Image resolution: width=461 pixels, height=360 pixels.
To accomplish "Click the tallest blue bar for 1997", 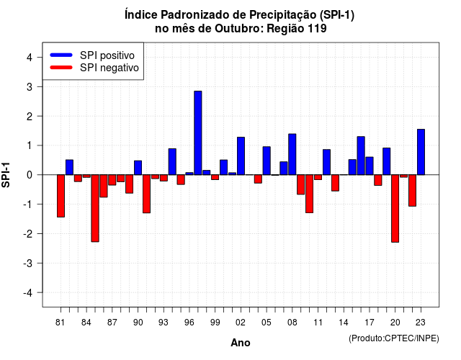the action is pyautogui.click(x=198, y=132).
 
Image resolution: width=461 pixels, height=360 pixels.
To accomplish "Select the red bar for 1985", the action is pyautogui.click(x=95, y=208).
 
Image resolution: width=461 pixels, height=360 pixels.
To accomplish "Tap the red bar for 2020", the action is pyautogui.click(x=395, y=208).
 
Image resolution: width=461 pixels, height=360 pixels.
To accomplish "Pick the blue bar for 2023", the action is pyautogui.click(x=421, y=152).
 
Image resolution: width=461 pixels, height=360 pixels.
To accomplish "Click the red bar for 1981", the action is pyautogui.click(x=61, y=196).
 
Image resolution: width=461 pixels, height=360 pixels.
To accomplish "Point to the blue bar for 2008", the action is pyautogui.click(x=292, y=154).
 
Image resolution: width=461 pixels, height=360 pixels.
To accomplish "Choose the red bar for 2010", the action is pyautogui.click(x=309, y=194).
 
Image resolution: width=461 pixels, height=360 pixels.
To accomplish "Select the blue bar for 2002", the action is pyautogui.click(x=241, y=156).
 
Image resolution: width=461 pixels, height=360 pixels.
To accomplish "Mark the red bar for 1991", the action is pyautogui.click(x=146, y=194).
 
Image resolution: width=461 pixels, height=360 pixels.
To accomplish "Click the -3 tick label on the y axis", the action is pyautogui.click(x=27, y=263).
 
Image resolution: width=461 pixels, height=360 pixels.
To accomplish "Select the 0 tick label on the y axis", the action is pyautogui.click(x=30, y=175).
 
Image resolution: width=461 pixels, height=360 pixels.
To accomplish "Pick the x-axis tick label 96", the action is pyautogui.click(x=189, y=323).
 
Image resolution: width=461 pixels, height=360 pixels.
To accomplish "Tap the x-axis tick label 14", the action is pyautogui.click(x=344, y=323).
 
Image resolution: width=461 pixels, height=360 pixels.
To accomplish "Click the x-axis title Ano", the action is pyautogui.click(x=241, y=343).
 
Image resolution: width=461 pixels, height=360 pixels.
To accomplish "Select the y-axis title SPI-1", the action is pyautogui.click(x=6, y=175).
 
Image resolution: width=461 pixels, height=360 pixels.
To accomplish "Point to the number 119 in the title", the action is pyautogui.click(x=317, y=29).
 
